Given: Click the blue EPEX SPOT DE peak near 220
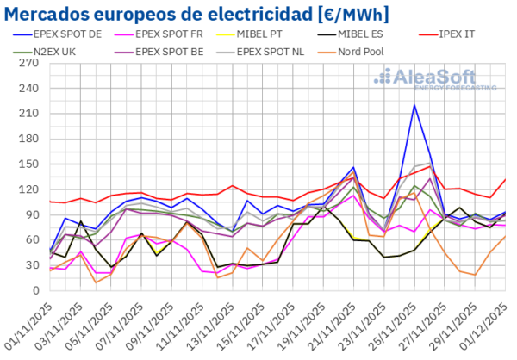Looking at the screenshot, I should point(414,105).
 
